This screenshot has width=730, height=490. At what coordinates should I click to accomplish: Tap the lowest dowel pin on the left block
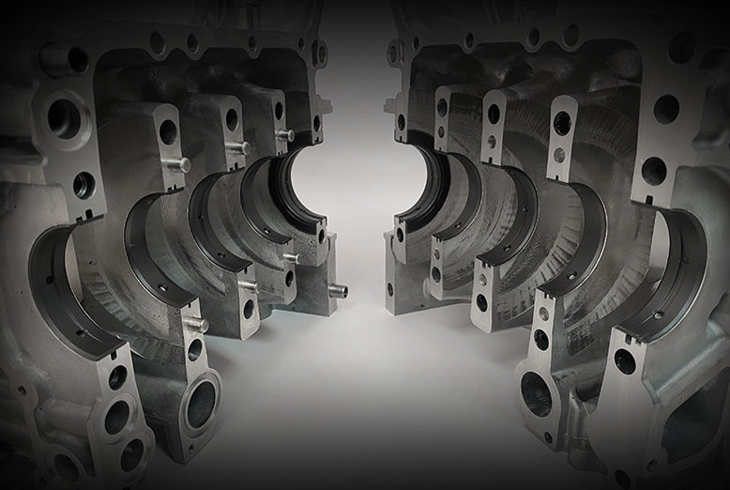[x=196, y=325]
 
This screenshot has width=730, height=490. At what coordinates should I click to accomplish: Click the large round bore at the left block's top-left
[x=64, y=116]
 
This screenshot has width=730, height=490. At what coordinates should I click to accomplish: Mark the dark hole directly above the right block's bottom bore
[x=541, y=339]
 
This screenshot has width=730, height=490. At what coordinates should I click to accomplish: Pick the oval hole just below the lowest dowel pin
[x=194, y=349]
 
